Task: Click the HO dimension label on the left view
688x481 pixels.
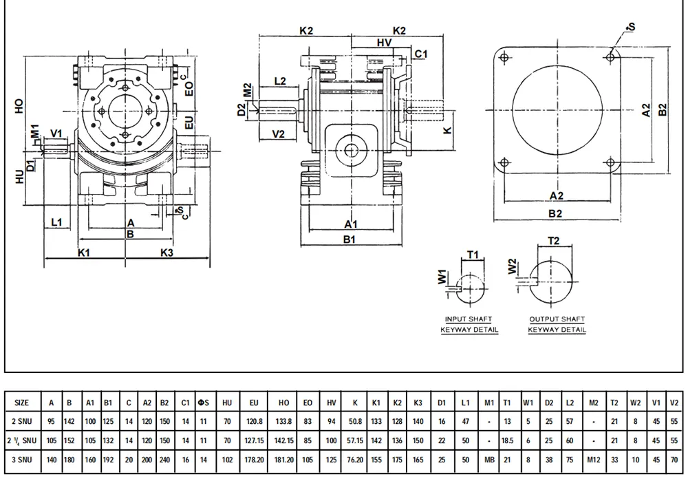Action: (x=19, y=105)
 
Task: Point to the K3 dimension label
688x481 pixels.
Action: (x=167, y=253)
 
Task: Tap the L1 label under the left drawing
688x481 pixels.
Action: (x=57, y=222)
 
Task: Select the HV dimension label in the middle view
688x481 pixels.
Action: (x=386, y=43)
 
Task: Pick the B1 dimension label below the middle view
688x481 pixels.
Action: (x=349, y=239)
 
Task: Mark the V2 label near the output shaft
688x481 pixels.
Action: (x=279, y=133)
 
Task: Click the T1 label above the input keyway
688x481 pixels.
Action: (x=473, y=255)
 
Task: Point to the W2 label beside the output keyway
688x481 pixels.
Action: (x=511, y=264)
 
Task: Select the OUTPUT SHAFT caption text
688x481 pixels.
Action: (x=557, y=319)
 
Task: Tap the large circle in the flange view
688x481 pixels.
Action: (x=558, y=112)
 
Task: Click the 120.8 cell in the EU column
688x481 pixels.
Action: (x=253, y=420)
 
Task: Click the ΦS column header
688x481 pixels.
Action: (x=202, y=403)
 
